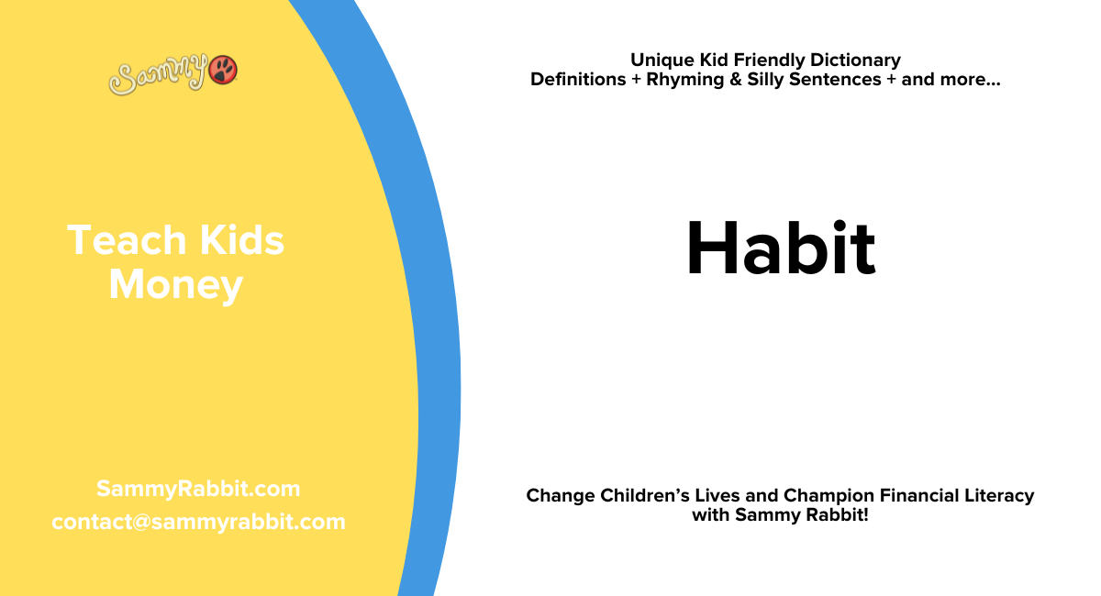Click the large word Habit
781,249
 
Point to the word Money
175,285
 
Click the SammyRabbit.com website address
198,489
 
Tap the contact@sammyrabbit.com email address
198,522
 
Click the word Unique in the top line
661,61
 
